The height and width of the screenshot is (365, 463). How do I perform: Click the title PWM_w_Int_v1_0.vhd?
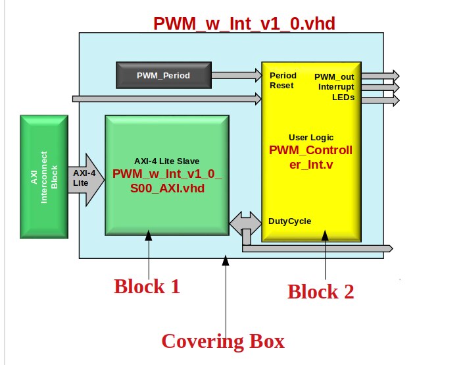tap(244, 24)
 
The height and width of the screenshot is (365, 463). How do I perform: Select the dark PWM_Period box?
tap(163, 76)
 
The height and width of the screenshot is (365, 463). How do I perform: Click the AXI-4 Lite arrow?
tap(93, 177)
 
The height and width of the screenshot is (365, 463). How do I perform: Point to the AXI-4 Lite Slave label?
tap(167, 161)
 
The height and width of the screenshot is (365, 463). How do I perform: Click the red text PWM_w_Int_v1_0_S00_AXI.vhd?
tap(167, 181)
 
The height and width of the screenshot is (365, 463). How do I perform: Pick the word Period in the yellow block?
tap(283, 75)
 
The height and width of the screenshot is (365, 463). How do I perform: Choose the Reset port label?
tap(281, 85)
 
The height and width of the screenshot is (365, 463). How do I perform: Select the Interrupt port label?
tap(335, 86)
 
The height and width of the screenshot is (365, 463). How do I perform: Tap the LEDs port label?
tap(343, 97)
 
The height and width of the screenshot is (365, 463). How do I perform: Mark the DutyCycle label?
tap(290, 221)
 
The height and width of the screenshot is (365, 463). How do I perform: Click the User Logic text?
tap(310, 137)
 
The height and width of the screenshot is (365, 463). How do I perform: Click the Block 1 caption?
tap(147, 287)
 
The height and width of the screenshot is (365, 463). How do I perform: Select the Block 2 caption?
tap(321, 291)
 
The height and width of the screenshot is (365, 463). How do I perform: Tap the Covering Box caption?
tap(223, 341)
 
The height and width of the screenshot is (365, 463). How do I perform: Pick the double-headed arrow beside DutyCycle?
tap(245, 223)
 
